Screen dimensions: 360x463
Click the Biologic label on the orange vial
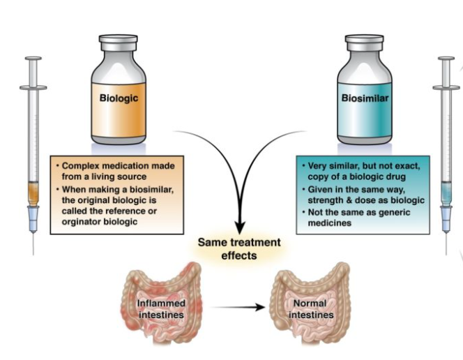[x=118, y=98]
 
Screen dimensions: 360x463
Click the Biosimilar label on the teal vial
[x=365, y=98]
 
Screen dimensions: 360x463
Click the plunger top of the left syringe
[x=33, y=60]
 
